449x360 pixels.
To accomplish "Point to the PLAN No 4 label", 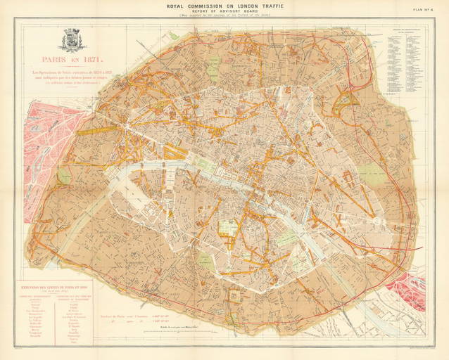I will point(426,8).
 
